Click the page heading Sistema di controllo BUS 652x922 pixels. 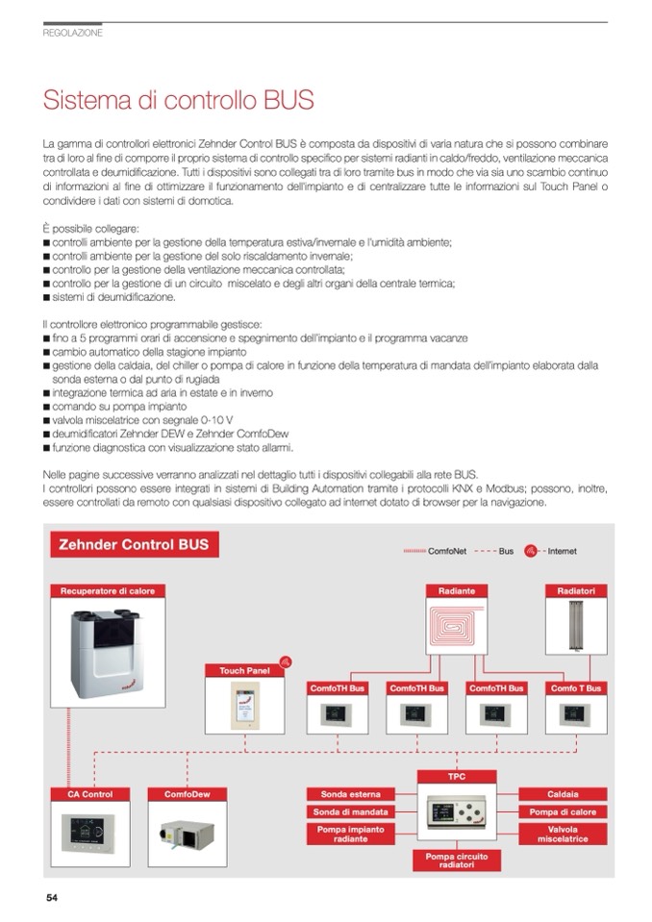[x=178, y=100]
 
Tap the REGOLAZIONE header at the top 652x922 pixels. [x=73, y=33]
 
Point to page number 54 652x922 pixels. [x=52, y=898]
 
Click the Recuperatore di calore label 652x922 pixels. [x=108, y=590]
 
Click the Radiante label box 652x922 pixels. [x=456, y=590]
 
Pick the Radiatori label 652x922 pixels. [x=576, y=590]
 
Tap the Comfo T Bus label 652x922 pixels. [x=576, y=688]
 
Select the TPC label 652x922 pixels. [x=456, y=774]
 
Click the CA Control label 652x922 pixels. [x=89, y=794]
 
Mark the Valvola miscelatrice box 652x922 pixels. [x=563, y=834]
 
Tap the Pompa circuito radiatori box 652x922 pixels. [x=457, y=860]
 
